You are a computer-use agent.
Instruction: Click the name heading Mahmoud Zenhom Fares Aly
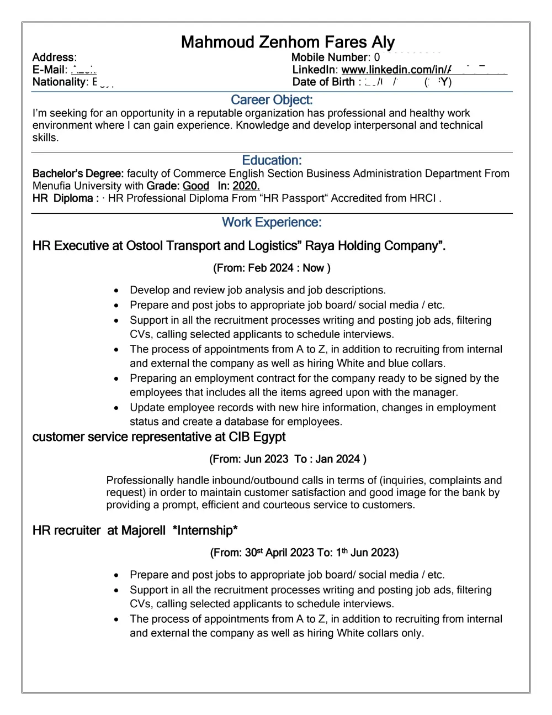click(288, 42)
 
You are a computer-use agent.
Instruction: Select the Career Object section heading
click(272, 100)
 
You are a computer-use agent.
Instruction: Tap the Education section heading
click(272, 160)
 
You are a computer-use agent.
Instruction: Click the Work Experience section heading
click(272, 222)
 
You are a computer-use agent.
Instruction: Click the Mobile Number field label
click(330, 57)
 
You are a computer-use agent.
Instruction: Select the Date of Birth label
click(323, 82)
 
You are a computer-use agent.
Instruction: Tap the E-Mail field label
click(49, 70)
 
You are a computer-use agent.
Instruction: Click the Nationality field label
click(59, 82)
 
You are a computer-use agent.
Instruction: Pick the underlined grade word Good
click(195, 186)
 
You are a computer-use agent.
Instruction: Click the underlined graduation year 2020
click(246, 186)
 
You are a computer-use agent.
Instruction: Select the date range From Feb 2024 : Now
click(272, 268)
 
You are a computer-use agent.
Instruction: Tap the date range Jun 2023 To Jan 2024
click(288, 459)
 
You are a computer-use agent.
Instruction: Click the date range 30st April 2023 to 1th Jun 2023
click(304, 553)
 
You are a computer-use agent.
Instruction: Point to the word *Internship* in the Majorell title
click(205, 530)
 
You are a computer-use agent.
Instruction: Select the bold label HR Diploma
click(63, 198)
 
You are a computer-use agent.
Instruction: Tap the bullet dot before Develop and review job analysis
click(116, 291)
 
